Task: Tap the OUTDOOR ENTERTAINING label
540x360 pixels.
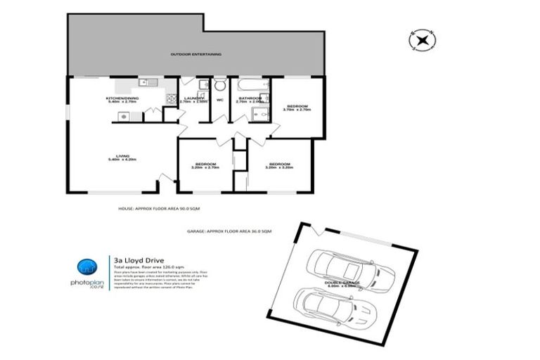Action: tap(196, 54)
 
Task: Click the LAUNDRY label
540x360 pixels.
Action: tap(194, 99)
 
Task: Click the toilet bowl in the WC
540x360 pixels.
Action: tap(220, 86)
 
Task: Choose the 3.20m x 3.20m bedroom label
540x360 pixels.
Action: tap(279, 166)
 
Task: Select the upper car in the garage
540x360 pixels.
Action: tap(349, 268)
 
